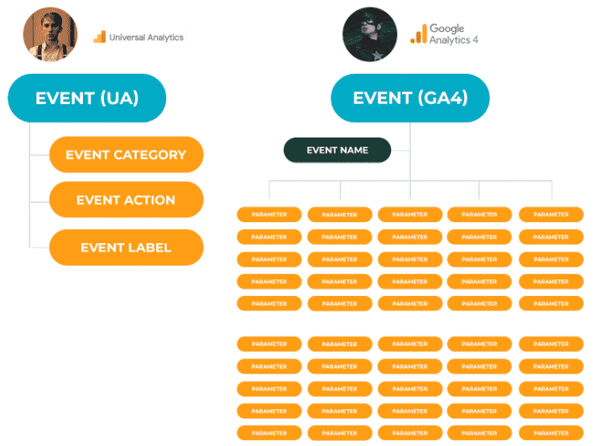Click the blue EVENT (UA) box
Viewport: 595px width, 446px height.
click(x=86, y=98)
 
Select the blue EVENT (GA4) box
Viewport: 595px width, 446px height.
click(x=410, y=98)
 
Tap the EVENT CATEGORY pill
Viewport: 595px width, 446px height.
click(x=126, y=154)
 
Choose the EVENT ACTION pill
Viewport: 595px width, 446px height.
click(x=126, y=200)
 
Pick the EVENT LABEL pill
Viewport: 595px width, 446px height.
click(x=126, y=247)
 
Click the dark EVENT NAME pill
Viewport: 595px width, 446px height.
click(x=337, y=150)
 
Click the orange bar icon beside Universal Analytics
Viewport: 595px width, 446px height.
click(x=99, y=37)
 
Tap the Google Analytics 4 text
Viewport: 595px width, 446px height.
click(x=454, y=34)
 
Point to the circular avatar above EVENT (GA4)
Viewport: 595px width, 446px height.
click(x=369, y=34)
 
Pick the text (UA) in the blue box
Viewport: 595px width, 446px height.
click(x=118, y=98)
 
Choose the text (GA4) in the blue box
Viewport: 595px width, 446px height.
click(x=441, y=98)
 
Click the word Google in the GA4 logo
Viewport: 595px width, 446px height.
click(x=447, y=29)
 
